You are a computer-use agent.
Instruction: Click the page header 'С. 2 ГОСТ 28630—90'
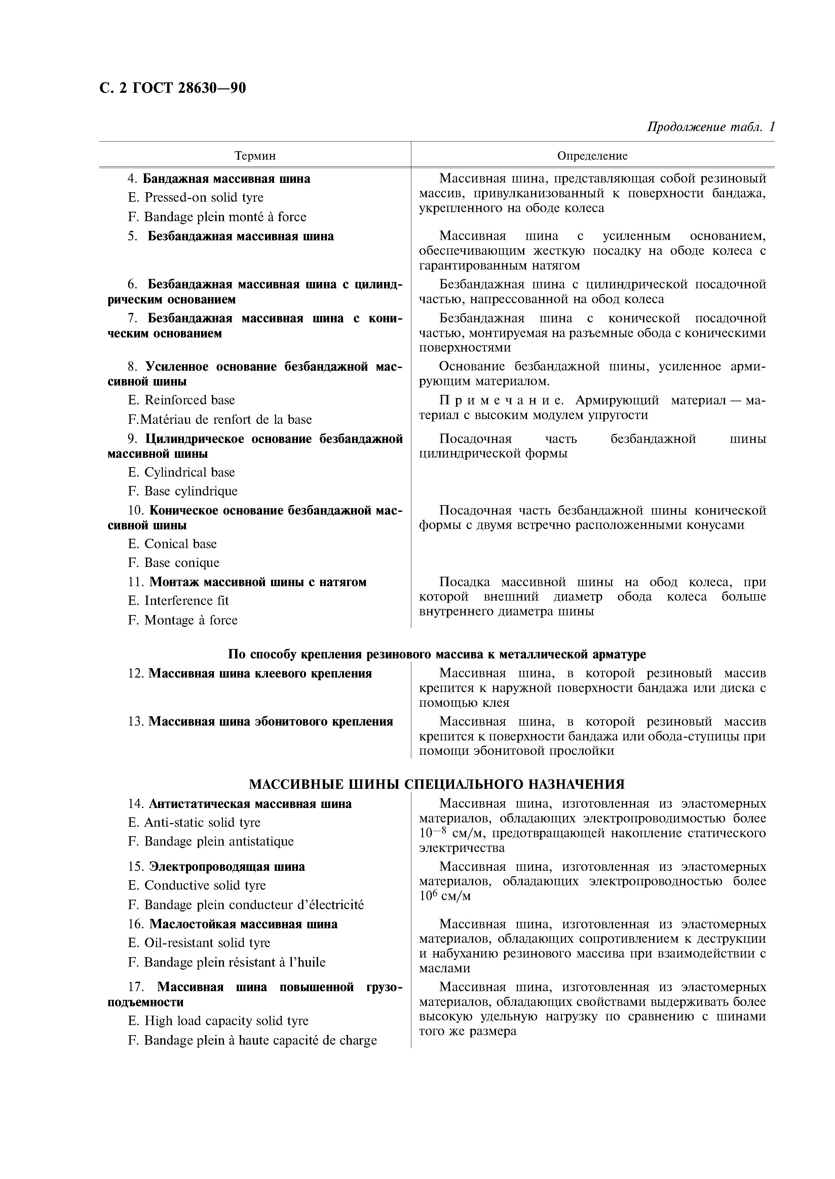pos(172,88)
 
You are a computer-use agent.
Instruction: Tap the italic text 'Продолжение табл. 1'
pos(710,127)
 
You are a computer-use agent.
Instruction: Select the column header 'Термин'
pos(255,156)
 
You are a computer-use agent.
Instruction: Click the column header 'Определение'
pos(592,156)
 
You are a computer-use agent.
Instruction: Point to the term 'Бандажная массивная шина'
pos(226,179)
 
